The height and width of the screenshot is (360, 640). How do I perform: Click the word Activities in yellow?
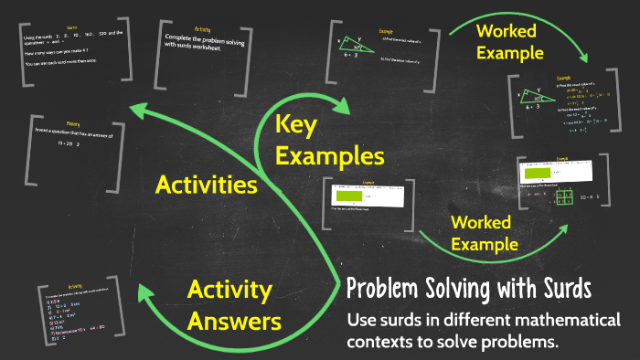206,185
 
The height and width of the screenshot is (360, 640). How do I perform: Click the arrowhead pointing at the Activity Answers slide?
145,292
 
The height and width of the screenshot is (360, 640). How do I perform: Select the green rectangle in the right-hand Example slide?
540,172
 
